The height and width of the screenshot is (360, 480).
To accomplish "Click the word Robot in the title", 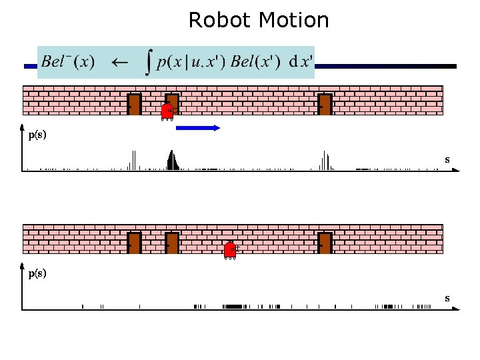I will [x=215, y=20].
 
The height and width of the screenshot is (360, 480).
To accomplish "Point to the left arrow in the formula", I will [x=119, y=62].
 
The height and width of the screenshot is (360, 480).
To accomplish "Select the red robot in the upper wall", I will [x=167, y=111].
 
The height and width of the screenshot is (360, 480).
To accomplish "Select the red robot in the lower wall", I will [x=230, y=250].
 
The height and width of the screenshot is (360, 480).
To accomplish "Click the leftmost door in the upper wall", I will [x=134, y=105].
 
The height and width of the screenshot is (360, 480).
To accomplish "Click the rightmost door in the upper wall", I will [x=325, y=105].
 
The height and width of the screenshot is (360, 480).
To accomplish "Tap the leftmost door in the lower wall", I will [x=134, y=243].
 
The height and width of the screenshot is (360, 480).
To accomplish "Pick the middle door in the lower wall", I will [x=172, y=243].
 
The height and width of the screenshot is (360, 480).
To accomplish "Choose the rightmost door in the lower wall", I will [x=325, y=243].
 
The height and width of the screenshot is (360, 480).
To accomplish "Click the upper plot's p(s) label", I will [x=37, y=135].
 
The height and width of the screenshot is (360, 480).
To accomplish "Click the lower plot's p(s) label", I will [x=37, y=273].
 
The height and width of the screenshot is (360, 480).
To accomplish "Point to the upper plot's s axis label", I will [x=447, y=159].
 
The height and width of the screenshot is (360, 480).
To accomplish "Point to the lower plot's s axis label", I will [x=447, y=298].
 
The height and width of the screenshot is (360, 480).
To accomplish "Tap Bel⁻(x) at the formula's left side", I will [x=67, y=62].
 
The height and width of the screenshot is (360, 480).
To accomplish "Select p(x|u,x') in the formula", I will [x=192, y=62].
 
